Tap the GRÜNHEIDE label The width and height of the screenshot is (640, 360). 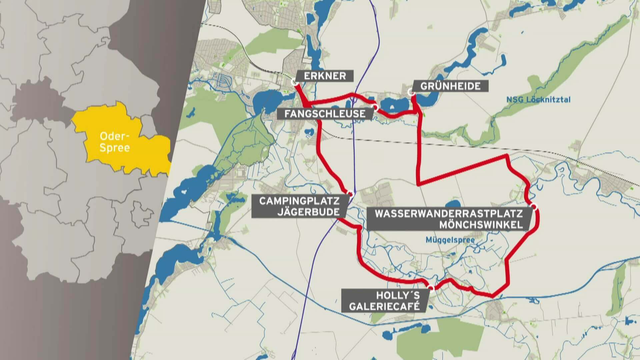450,86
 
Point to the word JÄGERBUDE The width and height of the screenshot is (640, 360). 308,212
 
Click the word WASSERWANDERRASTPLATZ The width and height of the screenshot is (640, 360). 449,214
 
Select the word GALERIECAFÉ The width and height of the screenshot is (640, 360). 384,306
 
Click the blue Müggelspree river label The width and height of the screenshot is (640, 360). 450,240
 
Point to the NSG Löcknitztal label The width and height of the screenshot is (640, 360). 538,100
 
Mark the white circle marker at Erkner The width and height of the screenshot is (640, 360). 294,82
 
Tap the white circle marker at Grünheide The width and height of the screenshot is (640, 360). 411,92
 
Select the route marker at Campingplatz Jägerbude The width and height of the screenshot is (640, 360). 350,193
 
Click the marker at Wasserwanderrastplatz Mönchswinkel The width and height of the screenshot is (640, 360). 534,207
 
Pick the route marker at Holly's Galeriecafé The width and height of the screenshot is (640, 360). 431,288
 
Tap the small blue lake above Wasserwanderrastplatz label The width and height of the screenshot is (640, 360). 452,204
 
